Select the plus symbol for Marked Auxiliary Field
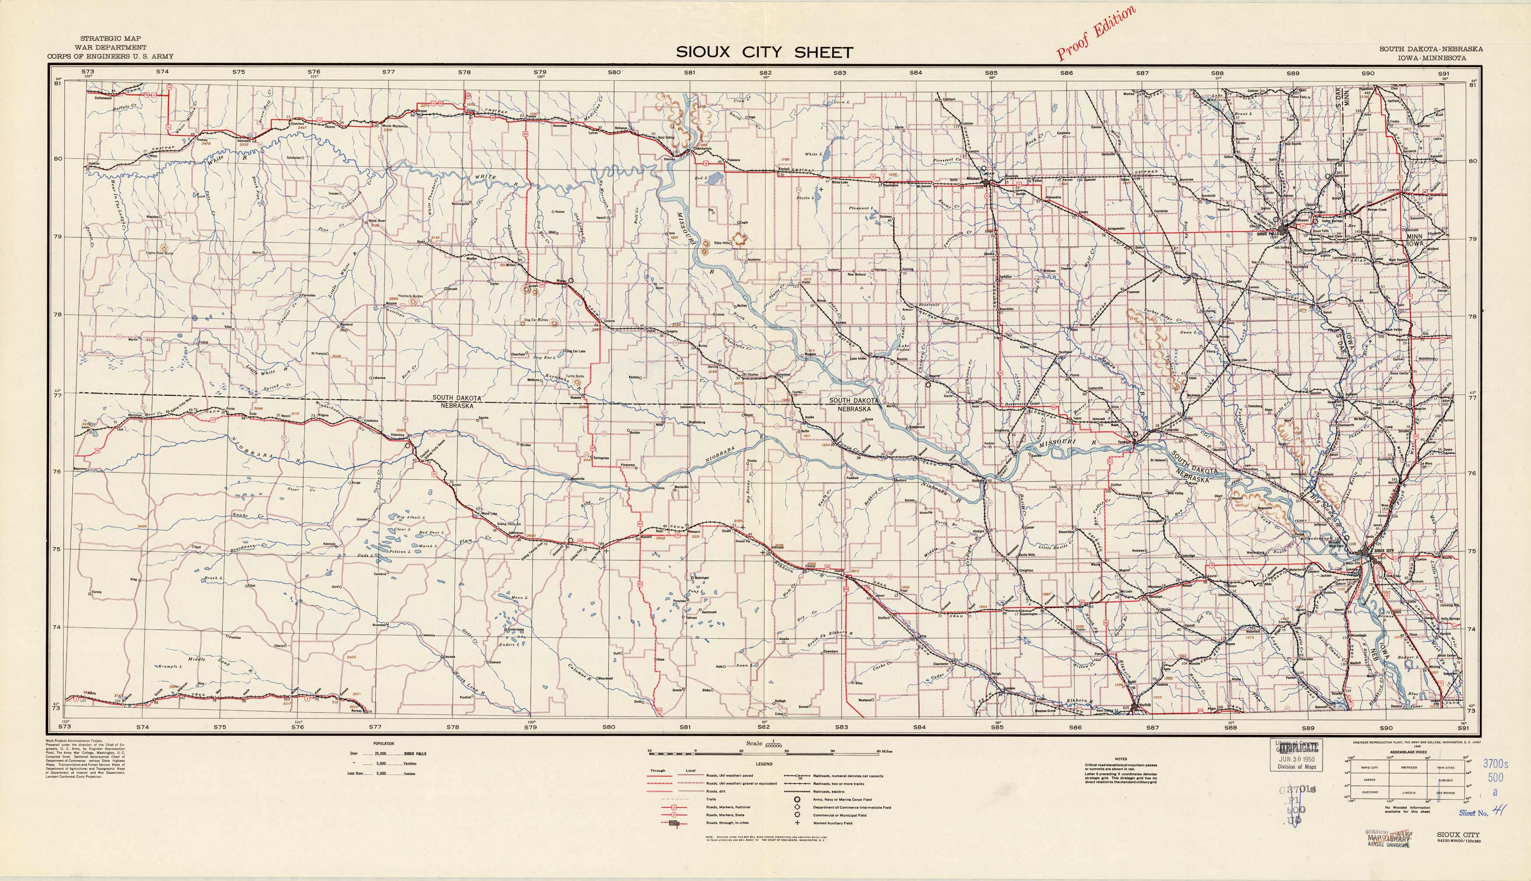[x=797, y=823]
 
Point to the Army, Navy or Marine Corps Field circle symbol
[x=797, y=799]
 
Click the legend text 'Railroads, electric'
[x=830, y=791]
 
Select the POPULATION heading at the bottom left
[x=383, y=743]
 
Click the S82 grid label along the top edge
[x=765, y=73]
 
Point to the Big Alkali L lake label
[x=411, y=518]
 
